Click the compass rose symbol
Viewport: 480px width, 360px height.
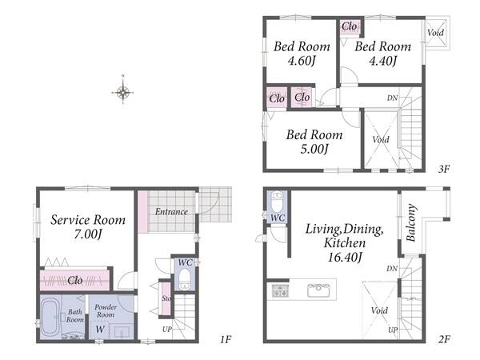coord(122,91)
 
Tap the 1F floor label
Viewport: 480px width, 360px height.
coord(226,339)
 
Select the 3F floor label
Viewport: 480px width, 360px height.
coord(443,169)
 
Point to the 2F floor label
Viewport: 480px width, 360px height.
coord(444,339)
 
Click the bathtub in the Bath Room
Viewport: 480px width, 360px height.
coord(50,317)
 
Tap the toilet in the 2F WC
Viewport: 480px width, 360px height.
coord(277,202)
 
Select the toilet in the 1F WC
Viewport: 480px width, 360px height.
coord(184,278)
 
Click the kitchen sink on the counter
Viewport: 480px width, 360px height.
coord(318,290)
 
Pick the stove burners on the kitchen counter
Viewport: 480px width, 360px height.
coord(280,290)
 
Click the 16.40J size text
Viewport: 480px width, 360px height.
coord(345,257)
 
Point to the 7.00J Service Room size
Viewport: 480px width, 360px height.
coord(87,234)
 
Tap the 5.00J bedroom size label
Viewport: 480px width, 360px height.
coord(314,149)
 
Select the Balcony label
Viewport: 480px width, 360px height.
coord(411,222)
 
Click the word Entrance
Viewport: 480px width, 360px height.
coord(171,211)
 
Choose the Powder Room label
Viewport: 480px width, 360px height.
coord(106,310)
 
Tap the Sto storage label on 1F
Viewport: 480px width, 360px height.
coord(166,298)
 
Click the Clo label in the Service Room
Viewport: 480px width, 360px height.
coord(75,280)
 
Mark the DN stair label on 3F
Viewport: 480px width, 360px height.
coord(392,98)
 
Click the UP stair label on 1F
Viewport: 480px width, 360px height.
coord(167,330)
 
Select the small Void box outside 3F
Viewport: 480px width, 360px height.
coord(436,33)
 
